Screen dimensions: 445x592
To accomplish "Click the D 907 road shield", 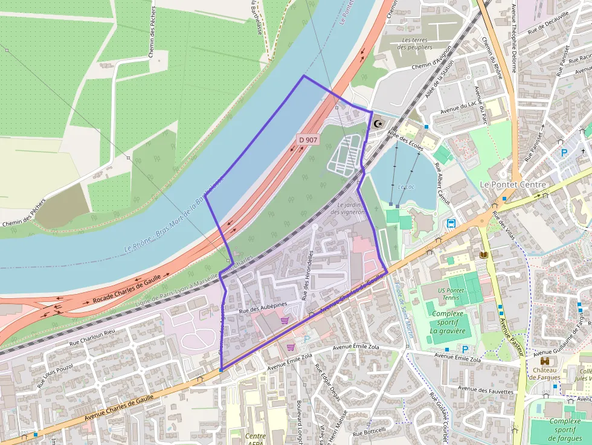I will point(308,140).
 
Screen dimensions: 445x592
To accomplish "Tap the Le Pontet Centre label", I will point(512,184).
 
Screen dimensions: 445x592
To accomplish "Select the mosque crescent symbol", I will point(379,124).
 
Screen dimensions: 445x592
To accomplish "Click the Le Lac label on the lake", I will point(407,187).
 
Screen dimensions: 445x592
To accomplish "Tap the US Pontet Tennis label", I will point(451,295).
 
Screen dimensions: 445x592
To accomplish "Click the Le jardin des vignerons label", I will point(349,208).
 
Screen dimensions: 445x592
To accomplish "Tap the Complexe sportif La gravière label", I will point(448,322).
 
